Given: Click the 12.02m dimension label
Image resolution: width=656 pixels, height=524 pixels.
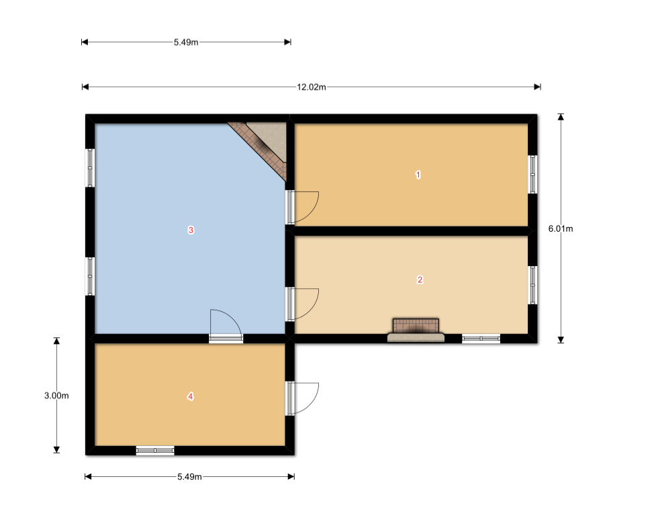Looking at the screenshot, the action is (x=312, y=87).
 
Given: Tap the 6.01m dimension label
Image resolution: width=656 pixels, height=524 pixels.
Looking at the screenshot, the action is (x=561, y=228).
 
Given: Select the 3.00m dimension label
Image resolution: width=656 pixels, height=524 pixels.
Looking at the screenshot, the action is (x=56, y=396).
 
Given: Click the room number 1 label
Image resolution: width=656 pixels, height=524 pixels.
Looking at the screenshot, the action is (x=418, y=175).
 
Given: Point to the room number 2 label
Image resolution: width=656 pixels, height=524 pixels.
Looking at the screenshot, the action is (x=420, y=279).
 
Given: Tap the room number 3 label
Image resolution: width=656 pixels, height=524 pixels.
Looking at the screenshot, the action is (x=191, y=230).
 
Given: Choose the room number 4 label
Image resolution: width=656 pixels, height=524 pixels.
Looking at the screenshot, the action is (x=191, y=396).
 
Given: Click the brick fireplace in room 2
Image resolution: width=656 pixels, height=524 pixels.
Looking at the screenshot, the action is (x=416, y=331).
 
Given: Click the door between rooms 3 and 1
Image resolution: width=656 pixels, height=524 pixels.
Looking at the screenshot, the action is (x=301, y=208).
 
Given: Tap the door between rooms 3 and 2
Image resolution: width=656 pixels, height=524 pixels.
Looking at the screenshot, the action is (x=301, y=304).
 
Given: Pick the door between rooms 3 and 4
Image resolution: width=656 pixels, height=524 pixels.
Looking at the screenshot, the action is (x=226, y=326).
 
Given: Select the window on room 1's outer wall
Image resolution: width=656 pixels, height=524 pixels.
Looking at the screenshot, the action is (x=532, y=175).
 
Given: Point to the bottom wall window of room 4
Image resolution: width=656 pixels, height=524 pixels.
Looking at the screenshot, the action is (x=155, y=450).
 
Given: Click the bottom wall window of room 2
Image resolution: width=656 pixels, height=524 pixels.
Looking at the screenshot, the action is (x=481, y=339).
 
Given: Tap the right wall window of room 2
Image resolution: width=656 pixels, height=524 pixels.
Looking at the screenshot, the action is (x=532, y=285).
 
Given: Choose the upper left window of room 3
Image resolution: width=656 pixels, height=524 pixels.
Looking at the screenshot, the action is (x=90, y=168).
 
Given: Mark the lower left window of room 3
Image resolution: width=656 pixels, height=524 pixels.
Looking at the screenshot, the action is (x=90, y=276).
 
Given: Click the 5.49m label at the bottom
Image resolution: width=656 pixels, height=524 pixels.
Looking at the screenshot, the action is (x=189, y=477).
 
